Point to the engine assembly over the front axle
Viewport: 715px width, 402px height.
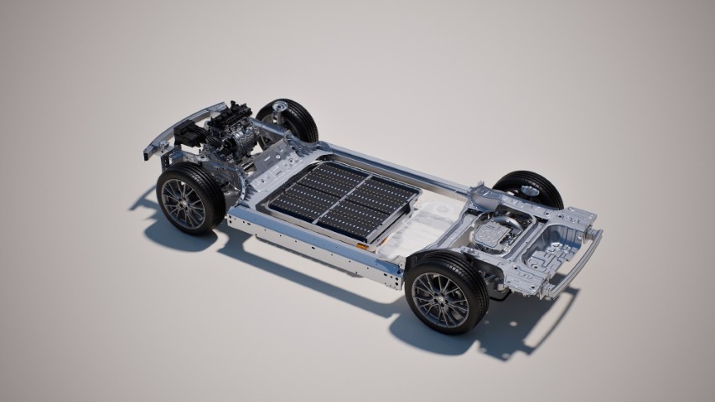(228, 135)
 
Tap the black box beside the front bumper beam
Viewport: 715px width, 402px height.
(189, 134)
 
